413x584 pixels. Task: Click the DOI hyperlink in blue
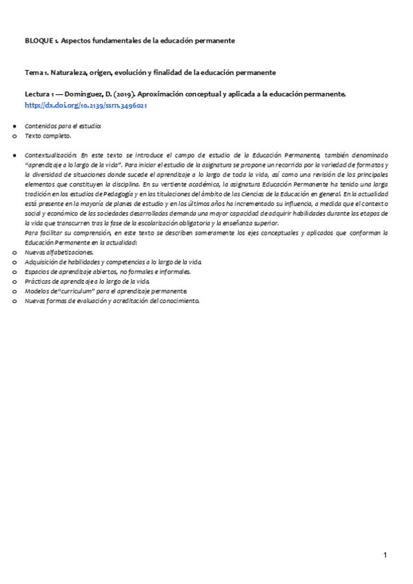pyautogui.click(x=86, y=105)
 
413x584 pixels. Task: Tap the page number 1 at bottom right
pyautogui.click(x=386, y=555)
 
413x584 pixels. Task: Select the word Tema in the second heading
pyautogui.click(x=34, y=72)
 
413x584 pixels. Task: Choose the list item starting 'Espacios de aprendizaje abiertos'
pyautogui.click(x=108, y=272)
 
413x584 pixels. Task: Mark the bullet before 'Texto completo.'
pyautogui.click(x=14, y=137)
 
